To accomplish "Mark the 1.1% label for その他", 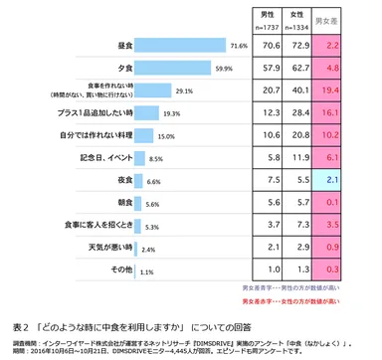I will [x=146, y=270].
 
